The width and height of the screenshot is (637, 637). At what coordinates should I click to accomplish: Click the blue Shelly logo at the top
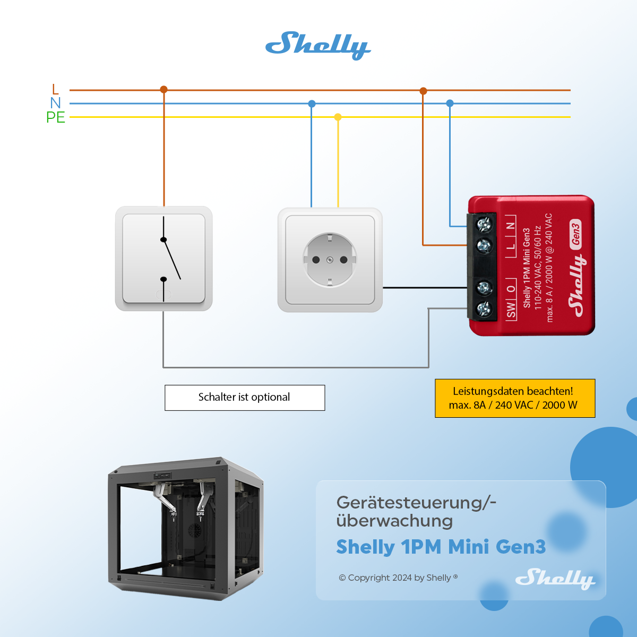pos(317,45)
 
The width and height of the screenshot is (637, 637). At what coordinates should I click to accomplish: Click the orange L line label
pos(55,89)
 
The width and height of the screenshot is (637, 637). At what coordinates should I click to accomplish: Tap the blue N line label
pos(55,103)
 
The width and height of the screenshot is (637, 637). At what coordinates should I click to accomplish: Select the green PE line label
pos(56,117)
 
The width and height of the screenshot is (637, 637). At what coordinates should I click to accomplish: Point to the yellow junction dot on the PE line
pos(338,117)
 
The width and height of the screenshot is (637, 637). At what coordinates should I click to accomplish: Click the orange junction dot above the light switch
pos(163,90)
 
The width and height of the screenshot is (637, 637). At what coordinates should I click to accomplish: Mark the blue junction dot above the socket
pos(312,104)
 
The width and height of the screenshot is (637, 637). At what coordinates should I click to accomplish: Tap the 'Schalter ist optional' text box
pos(245,398)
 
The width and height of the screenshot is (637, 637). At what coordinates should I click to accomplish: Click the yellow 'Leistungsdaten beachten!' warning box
pos(514,398)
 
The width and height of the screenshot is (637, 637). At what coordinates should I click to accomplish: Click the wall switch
pos(163,259)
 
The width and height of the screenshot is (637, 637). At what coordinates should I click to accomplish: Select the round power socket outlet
pos(330,260)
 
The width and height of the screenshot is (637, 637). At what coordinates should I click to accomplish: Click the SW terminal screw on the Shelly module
pos(484,308)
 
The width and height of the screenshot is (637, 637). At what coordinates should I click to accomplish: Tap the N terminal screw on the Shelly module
pos(484,225)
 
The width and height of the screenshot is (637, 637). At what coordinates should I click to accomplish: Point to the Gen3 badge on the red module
pos(575,234)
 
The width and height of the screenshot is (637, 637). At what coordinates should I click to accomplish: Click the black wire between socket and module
pos(425,288)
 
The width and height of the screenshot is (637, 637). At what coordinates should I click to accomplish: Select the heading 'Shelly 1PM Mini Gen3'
pos(441,547)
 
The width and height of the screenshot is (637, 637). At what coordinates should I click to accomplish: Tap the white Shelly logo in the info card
pos(555,578)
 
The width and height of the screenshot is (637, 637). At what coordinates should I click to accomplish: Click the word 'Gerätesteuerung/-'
pos(416,502)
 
